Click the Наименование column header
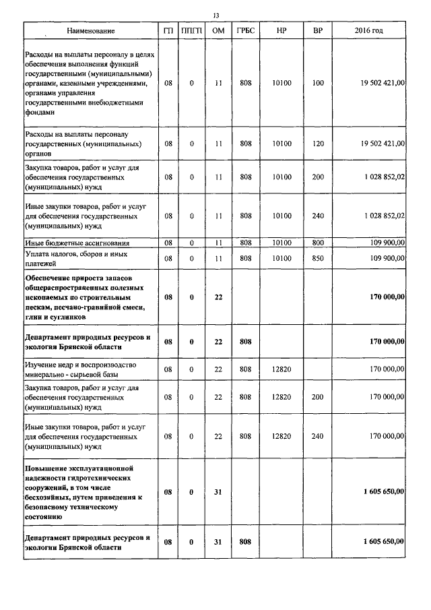[90, 31]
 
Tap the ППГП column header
[192, 31]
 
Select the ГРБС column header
[245, 31]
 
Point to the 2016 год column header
[368, 31]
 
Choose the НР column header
[281, 31]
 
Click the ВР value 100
[319, 83]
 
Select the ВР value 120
[319, 144]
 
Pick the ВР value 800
[319, 242]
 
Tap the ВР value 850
[319, 257]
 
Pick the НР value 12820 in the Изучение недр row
[281, 369]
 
